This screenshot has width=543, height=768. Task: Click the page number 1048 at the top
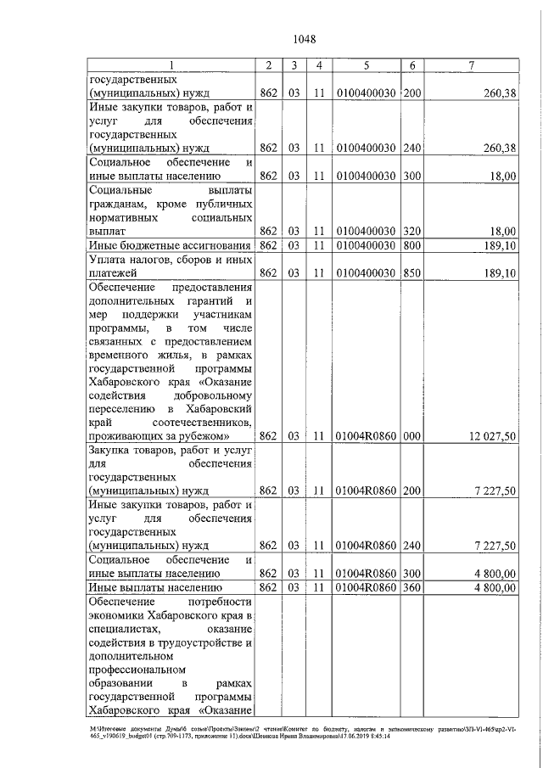[x=304, y=38]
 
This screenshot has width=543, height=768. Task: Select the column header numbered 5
[x=366, y=65]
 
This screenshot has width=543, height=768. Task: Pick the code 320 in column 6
[x=411, y=231]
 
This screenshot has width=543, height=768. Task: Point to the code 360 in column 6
[x=411, y=586]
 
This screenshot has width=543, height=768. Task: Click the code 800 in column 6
[x=411, y=245]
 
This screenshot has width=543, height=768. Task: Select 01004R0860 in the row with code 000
[x=366, y=436]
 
